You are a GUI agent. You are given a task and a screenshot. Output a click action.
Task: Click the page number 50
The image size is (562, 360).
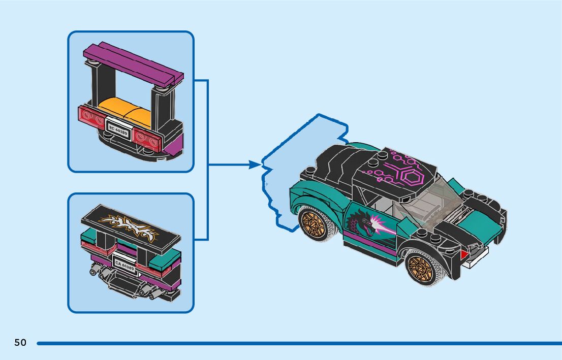point(20,343)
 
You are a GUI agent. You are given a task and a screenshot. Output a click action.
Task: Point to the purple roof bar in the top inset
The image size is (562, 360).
point(134,63)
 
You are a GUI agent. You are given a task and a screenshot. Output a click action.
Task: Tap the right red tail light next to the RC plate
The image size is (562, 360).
point(147,136)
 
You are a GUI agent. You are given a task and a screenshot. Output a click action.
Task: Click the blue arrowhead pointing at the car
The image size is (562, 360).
point(255,165)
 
